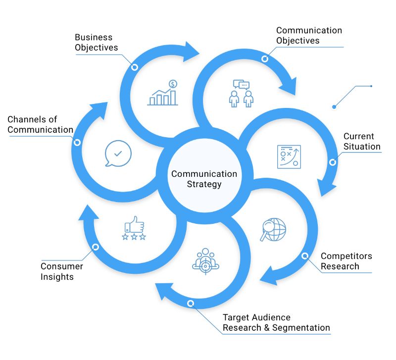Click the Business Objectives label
(96, 42)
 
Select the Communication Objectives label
(309, 35)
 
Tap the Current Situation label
(362, 141)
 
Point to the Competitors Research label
(346, 261)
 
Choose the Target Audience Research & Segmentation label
(276, 322)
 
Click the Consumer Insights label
(62, 271)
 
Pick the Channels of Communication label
(40, 124)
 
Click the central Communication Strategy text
(204, 179)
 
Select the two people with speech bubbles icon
(241, 94)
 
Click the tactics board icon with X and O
(289, 157)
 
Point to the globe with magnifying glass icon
(273, 229)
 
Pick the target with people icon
(204, 260)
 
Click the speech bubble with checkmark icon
(118, 154)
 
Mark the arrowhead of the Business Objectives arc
(191, 51)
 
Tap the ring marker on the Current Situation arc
(333, 162)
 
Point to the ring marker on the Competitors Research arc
(305, 256)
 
